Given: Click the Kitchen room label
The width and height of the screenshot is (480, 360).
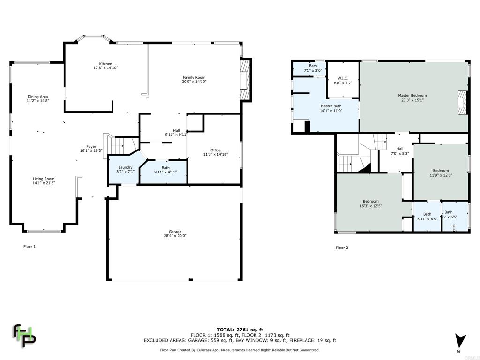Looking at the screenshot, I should [x=105, y=64].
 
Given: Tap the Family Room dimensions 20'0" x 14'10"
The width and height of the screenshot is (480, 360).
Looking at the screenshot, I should [x=194, y=82].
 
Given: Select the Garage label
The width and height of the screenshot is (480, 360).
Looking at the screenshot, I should [x=175, y=232].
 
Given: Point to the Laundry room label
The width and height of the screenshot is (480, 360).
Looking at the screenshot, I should [x=125, y=167].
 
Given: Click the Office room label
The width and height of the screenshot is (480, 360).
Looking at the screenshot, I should [x=215, y=150].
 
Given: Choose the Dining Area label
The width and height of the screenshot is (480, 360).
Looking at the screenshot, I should [x=37, y=97].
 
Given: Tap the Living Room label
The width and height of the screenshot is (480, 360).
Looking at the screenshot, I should [x=44, y=179].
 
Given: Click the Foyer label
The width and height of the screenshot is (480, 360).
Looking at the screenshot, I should [x=91, y=147].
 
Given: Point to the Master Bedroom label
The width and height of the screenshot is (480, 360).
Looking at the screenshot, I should [x=412, y=95].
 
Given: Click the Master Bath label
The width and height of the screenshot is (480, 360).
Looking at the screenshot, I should [x=330, y=106].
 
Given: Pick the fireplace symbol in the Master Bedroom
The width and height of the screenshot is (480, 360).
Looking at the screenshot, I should [x=463, y=102].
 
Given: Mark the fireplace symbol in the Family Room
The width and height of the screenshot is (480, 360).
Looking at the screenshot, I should [x=245, y=80].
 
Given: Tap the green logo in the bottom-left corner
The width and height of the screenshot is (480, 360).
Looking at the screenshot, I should [x=23, y=335].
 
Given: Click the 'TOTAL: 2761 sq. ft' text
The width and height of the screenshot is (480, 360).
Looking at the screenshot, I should [x=240, y=330].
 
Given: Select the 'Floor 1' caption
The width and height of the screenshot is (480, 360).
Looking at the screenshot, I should [x=30, y=246].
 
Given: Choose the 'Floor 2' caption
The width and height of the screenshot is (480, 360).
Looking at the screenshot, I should [x=342, y=247].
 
